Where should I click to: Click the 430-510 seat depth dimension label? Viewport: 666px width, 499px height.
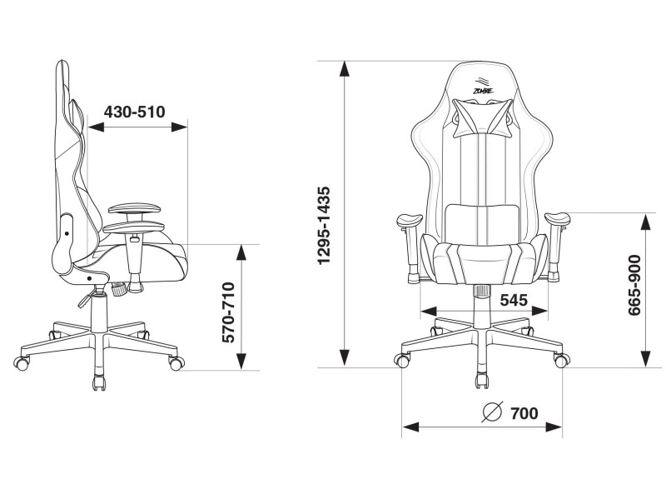[x=134, y=112]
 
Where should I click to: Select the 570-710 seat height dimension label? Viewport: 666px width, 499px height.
[x=228, y=312]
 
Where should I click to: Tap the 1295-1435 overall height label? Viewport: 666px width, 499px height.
[x=324, y=225]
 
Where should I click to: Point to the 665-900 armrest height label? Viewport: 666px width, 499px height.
[x=634, y=285]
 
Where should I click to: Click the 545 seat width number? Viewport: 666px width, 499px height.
[x=514, y=300]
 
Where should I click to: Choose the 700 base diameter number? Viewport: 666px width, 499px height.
[x=524, y=412]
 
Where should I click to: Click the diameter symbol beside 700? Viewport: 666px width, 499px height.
[x=493, y=412]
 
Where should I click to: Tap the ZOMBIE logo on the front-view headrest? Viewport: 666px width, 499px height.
[x=483, y=87]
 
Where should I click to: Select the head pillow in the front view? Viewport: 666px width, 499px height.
[x=482, y=117]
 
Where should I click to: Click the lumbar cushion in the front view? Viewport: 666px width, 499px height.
[x=482, y=224]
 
